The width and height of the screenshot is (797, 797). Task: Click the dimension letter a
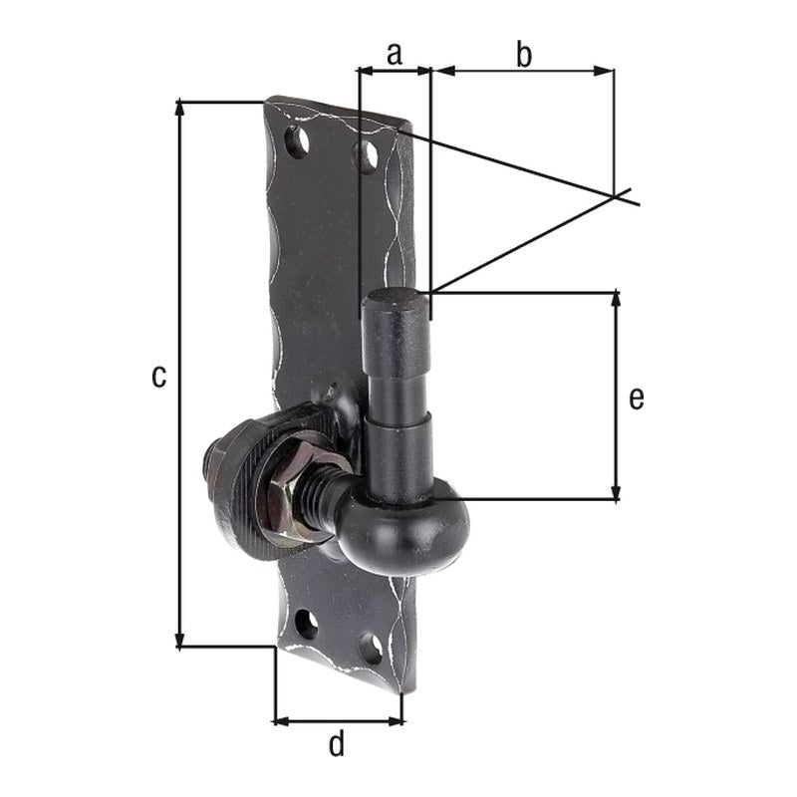pos(395,54)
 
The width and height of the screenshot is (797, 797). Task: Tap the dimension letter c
pos(159,377)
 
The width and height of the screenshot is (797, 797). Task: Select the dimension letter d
pos(337,743)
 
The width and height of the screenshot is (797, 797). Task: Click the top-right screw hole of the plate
pos(367,154)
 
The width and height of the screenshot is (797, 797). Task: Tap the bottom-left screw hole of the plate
pos(306,625)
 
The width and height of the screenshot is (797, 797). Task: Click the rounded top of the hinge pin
pos(397,300)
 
